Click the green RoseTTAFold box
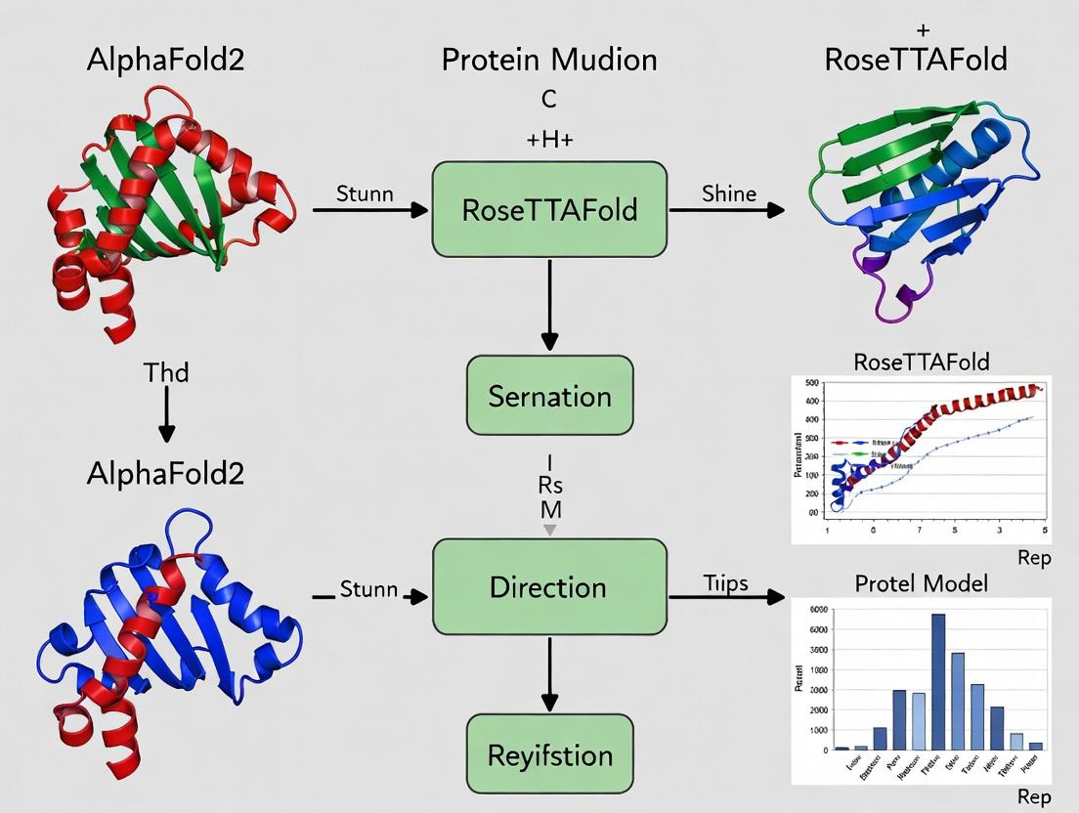(549, 209)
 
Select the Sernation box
(549, 396)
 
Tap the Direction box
(549, 587)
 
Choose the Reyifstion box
(549, 754)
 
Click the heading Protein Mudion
(549, 61)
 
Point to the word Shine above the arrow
(728, 193)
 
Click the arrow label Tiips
(725, 583)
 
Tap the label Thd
(166, 372)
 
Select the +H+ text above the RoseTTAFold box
(549, 140)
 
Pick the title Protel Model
(922, 583)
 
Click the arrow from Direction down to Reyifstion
(549, 674)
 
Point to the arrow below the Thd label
(166, 414)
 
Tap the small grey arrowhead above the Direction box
(549, 529)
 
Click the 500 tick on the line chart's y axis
(813, 382)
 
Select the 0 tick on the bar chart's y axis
(821, 750)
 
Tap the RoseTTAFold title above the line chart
(922, 363)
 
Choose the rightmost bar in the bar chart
(1035, 746)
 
